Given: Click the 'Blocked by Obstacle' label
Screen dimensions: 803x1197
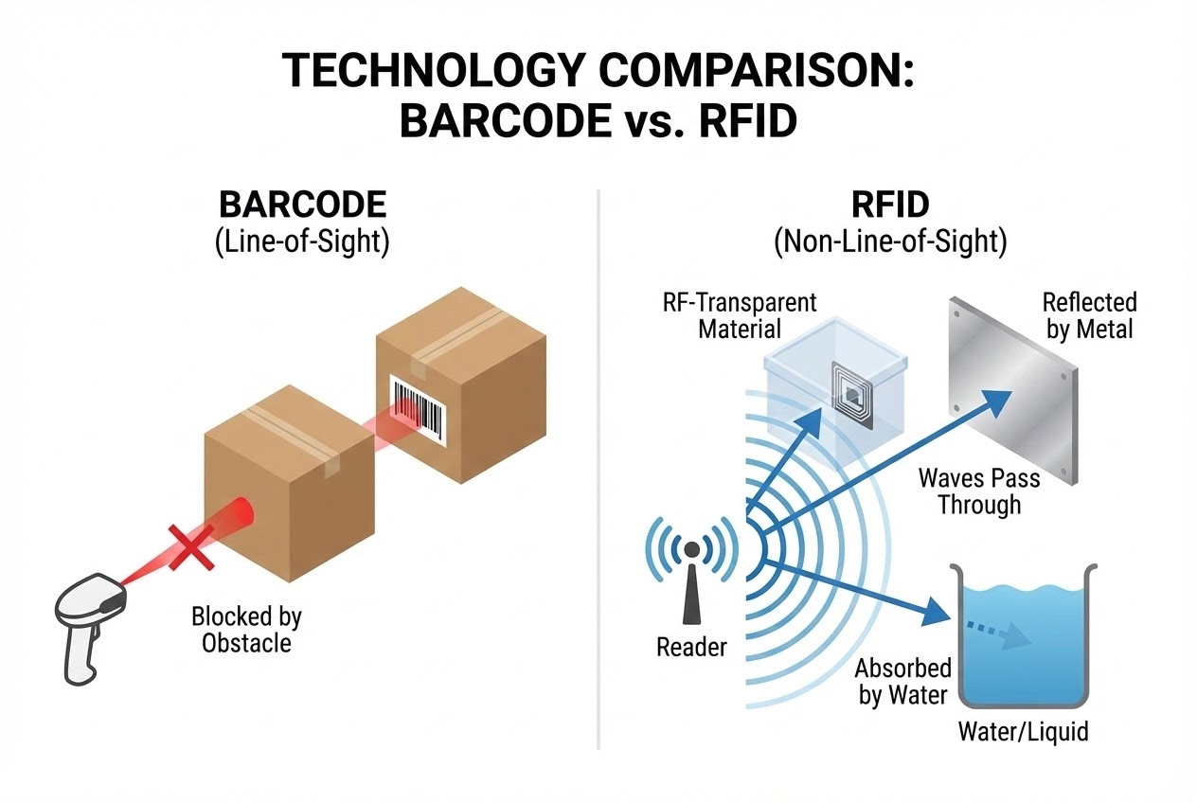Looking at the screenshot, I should (x=246, y=630).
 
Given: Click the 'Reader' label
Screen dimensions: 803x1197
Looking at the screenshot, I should (x=691, y=648).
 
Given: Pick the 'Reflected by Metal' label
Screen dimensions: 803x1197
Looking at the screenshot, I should (x=1089, y=316).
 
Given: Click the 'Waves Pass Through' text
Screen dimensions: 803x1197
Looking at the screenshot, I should (x=979, y=491).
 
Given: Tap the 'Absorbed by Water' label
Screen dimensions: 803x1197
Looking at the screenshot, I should (x=902, y=681).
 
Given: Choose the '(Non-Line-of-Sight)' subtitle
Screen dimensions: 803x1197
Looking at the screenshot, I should (x=889, y=241).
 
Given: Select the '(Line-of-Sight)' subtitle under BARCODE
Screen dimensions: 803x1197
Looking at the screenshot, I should (x=303, y=241).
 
